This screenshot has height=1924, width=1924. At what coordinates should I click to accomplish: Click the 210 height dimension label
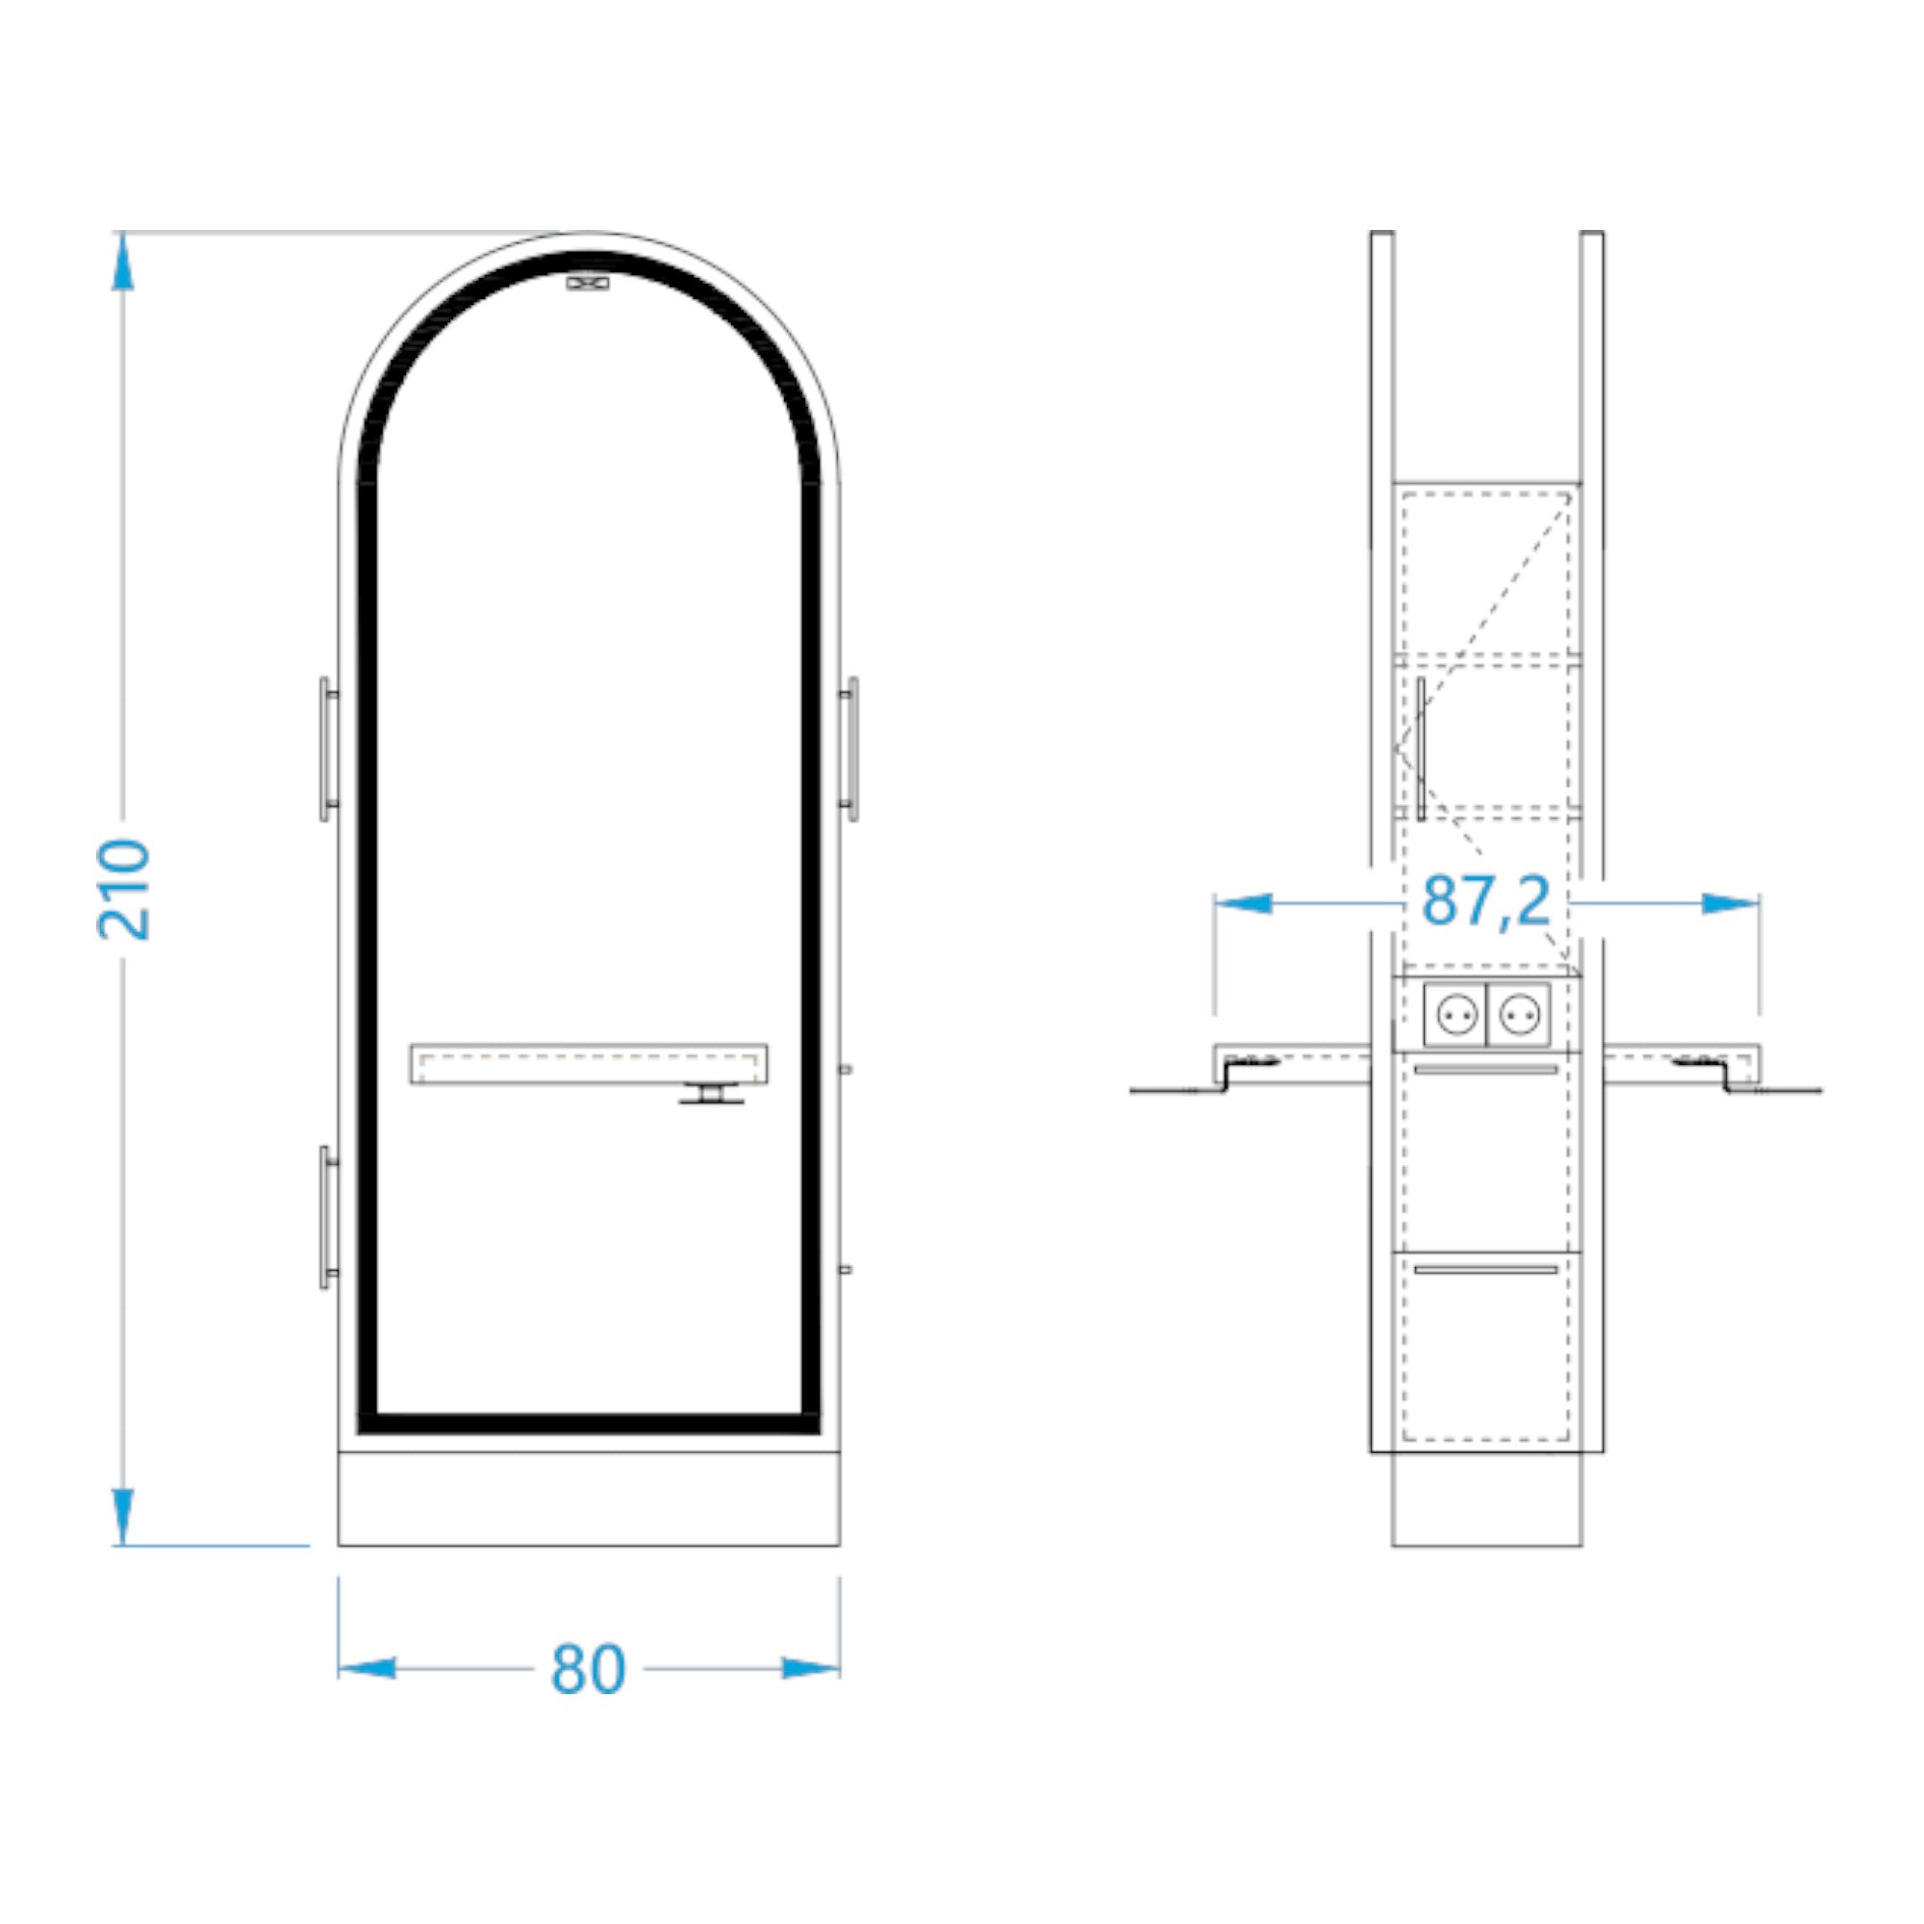coord(123,889)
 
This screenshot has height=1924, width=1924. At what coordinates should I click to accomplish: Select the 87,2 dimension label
coord(1486,901)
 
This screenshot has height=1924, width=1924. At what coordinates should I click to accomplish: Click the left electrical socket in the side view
coord(1455,1016)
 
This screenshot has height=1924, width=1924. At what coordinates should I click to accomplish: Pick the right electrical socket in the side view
coord(1518,1016)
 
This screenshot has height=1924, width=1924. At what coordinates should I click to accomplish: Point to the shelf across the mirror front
coord(589,1064)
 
